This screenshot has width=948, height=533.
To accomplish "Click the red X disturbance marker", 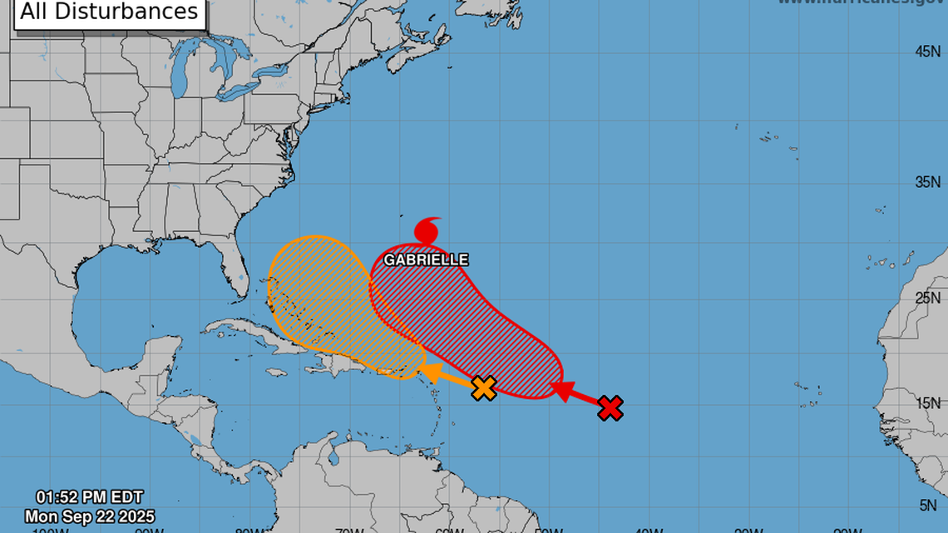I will coord(610,407).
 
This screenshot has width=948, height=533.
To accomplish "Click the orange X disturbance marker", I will coord(484,387).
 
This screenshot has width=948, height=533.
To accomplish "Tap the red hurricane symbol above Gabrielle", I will coord(428,229).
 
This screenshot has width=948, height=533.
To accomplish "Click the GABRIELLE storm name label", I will coord(426,260).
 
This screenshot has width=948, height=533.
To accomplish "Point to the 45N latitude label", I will coord(927,52).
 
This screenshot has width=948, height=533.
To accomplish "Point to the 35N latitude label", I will coord(927,182).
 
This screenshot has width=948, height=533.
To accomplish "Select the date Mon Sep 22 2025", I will coord(89,516).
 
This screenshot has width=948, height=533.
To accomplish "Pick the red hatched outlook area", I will coord(474,333).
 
